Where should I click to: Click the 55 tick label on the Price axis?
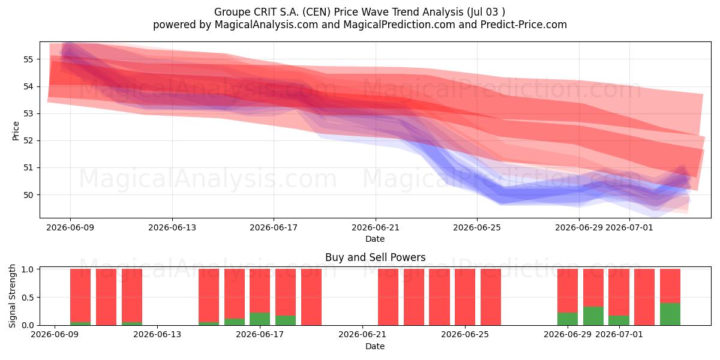(x=28, y=59)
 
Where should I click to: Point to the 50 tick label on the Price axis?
(x=28, y=195)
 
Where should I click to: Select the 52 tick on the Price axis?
(x=28, y=141)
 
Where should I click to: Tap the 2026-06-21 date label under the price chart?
(x=376, y=228)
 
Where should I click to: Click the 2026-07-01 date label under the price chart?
(x=629, y=228)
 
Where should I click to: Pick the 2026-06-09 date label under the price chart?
(x=70, y=228)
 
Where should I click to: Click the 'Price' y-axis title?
(x=16, y=131)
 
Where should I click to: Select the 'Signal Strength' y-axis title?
(x=12, y=296)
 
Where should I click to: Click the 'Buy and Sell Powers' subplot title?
(x=375, y=257)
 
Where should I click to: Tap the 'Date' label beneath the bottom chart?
(x=375, y=346)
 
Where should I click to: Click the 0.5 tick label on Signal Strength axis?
(x=28, y=298)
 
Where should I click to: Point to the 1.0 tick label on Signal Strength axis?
(x=28, y=269)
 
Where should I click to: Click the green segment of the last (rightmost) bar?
(x=670, y=314)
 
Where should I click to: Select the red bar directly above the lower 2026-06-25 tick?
(x=465, y=297)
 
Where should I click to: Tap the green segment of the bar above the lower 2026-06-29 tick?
(x=568, y=319)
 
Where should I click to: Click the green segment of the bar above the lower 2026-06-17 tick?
(x=260, y=319)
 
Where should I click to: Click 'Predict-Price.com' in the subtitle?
(x=524, y=25)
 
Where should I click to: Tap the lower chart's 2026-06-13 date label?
(x=157, y=335)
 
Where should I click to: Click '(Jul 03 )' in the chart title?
(x=484, y=12)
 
